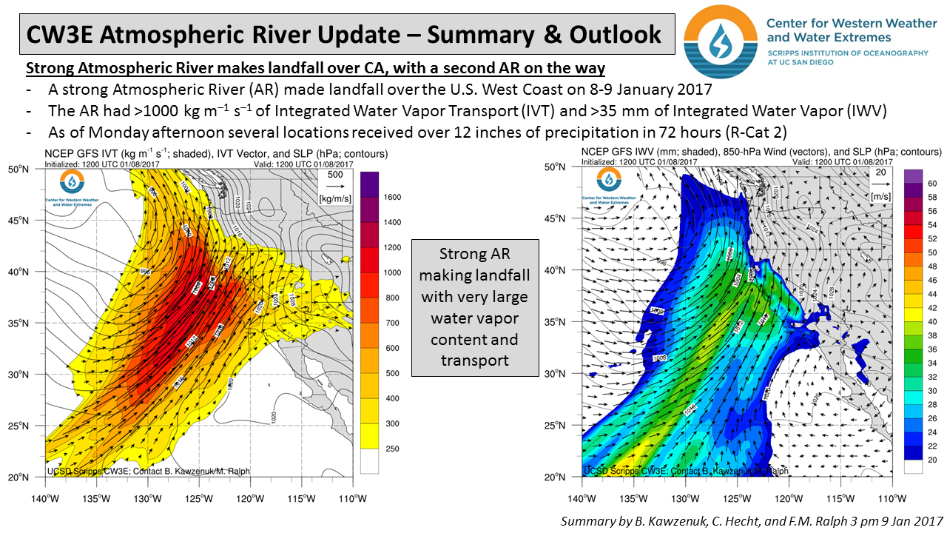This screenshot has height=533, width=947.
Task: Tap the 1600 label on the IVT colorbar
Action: coord(392,197)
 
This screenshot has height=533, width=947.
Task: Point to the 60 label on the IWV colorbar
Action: coord(932,183)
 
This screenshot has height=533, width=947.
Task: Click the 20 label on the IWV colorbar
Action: coord(932,460)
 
